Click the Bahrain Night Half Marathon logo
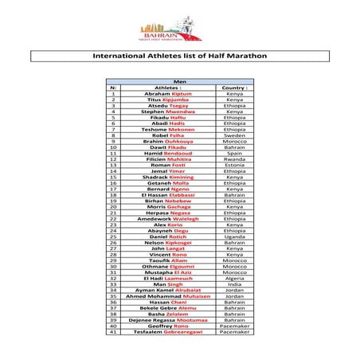tap(179, 29)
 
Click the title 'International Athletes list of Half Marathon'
tap(179, 57)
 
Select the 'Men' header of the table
tap(179, 82)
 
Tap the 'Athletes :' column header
tap(168, 88)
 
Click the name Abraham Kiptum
tap(168, 94)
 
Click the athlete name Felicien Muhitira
tap(168, 158)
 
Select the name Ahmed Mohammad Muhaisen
tap(168, 295)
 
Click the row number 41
tap(114, 331)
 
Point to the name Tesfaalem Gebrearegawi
tap(168, 331)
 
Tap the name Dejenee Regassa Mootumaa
tap(168, 319)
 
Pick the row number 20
tap(114, 206)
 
